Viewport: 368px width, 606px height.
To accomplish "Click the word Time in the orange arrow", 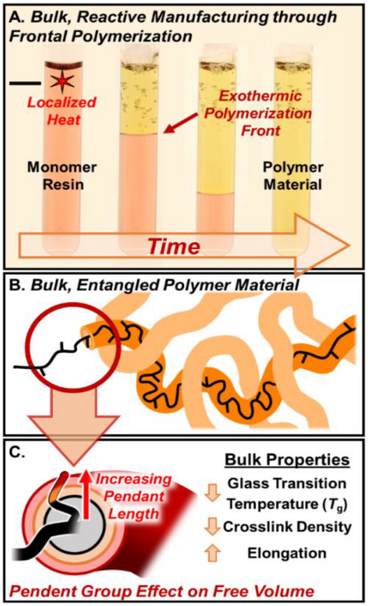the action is [x=171, y=246].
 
